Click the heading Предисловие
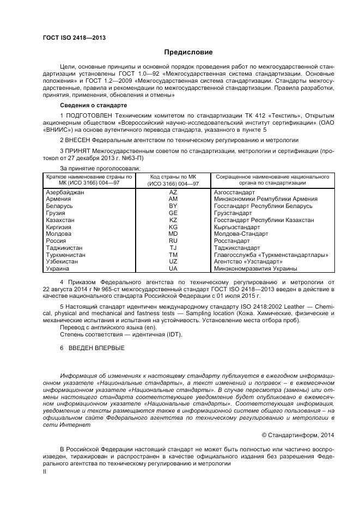tap(188, 52)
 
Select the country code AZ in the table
tap(173, 193)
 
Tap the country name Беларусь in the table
tap(60, 206)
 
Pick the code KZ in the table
tap(173, 220)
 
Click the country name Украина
tap(58, 268)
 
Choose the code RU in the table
tap(173, 241)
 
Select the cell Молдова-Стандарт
tap(241, 234)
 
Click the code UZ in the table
tap(173, 261)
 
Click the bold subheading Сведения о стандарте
tap(94, 105)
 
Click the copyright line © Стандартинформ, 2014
tap(298, 434)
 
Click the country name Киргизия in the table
tap(59, 227)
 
